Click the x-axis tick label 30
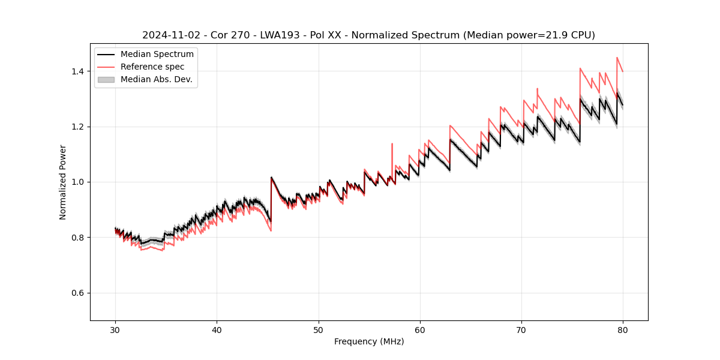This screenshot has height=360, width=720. coord(115,329)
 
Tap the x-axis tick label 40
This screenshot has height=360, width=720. coord(217,329)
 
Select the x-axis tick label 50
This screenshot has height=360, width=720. coord(319,329)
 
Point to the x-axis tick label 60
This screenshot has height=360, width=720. coord(420,329)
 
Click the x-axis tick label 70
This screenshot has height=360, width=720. coord(521,329)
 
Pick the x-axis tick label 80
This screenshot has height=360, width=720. coord(623,329)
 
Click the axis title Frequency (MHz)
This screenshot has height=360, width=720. coord(369,341)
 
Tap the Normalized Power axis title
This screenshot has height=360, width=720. coord(62,182)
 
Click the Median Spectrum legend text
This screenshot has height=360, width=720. coord(157,55)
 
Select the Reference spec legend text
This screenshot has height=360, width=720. coord(152,67)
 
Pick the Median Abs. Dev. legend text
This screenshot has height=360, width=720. coord(157,79)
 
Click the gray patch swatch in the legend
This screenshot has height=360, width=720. coord(106,79)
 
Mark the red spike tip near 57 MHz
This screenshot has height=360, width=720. coord(392,144)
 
